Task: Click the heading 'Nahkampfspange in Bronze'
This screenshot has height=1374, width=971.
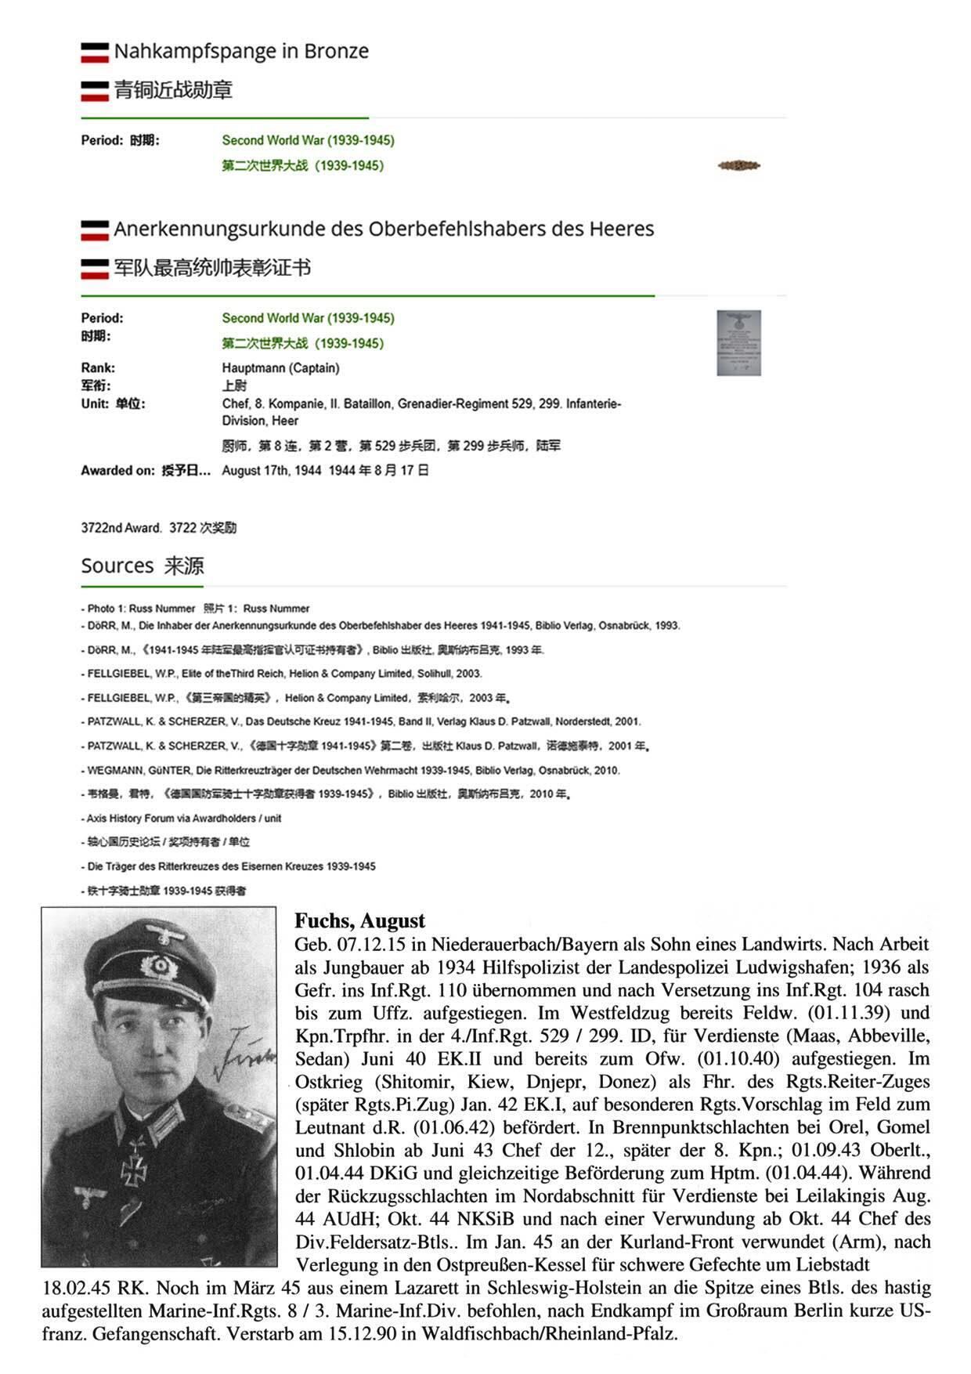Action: point(241,52)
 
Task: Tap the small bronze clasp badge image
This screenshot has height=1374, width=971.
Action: point(738,165)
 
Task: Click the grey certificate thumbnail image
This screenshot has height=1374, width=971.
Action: point(738,342)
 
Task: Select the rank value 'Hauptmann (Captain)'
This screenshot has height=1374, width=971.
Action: point(280,368)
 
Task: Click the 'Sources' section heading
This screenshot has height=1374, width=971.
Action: point(117,566)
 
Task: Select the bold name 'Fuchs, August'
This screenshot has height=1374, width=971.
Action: point(359,920)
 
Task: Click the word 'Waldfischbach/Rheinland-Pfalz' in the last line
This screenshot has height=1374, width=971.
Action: point(540,1333)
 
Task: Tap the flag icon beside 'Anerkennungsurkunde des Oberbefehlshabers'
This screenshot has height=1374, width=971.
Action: point(95,230)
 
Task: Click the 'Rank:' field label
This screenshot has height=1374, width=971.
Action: point(98,368)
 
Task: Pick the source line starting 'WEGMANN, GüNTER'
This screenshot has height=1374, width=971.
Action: point(352,770)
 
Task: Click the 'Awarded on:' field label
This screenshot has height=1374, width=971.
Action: point(117,471)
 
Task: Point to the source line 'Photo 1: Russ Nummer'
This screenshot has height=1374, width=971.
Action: point(141,609)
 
